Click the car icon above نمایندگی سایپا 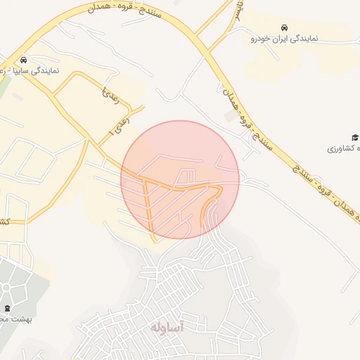(24, 60)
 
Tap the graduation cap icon (355, 137)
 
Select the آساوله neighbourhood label (167, 328)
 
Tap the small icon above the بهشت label (8, 308)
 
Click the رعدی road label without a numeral (111, 96)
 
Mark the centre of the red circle (180, 180)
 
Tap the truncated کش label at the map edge (4, 221)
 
